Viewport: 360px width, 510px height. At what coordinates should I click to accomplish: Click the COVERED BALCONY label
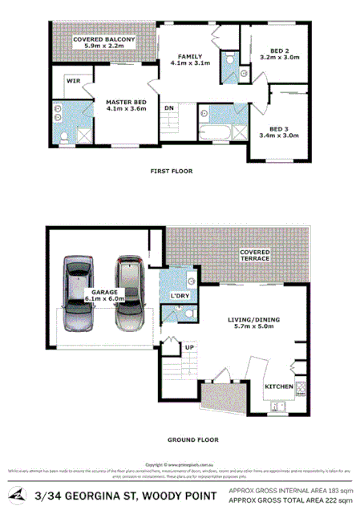(103, 42)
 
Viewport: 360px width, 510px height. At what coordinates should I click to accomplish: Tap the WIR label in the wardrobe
(72, 81)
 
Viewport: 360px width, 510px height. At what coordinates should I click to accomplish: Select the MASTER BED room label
(126, 104)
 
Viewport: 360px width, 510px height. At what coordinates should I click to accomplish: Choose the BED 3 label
(278, 132)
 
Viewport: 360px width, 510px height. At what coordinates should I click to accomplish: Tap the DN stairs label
(169, 107)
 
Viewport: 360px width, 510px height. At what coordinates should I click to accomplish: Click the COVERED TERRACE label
(255, 256)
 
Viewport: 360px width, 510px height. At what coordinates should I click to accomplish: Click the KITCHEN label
(278, 387)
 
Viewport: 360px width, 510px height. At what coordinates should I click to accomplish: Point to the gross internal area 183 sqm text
(290, 489)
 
